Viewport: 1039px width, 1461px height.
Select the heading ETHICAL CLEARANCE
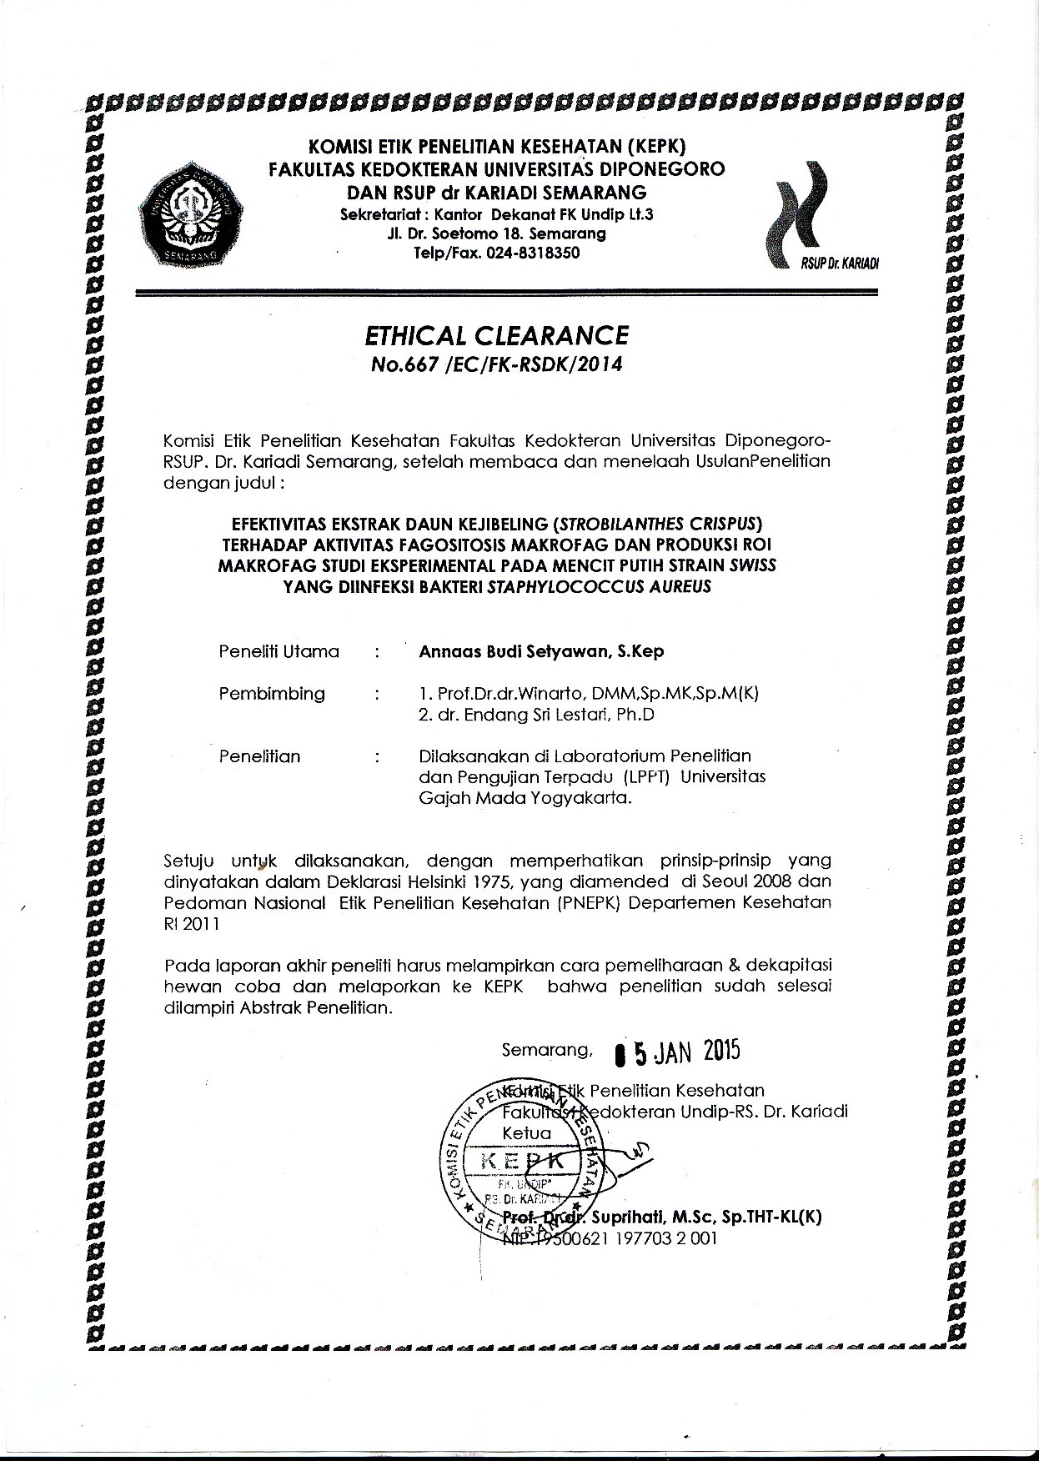496,335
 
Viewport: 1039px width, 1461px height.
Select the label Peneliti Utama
279,651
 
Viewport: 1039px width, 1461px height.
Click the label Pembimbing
272,694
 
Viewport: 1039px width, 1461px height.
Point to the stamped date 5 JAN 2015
677,1052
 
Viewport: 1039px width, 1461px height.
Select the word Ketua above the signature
527,1133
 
